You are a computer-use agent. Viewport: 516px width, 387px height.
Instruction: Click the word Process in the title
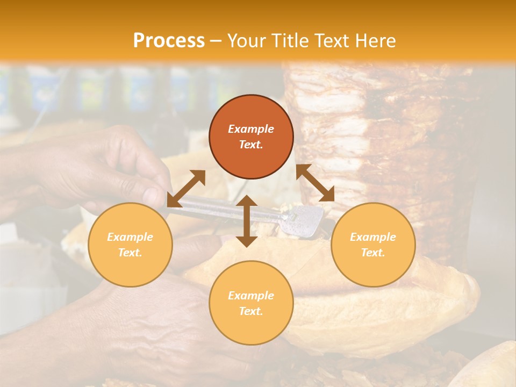coord(169,41)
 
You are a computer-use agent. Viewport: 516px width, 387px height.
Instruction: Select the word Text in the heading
coord(332,41)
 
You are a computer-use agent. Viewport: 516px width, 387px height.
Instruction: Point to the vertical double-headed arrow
coord(247,221)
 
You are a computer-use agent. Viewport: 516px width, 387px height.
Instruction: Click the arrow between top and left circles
coord(186,188)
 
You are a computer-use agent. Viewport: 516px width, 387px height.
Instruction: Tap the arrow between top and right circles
coord(315,183)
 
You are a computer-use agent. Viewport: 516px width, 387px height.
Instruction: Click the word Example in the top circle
coord(251,129)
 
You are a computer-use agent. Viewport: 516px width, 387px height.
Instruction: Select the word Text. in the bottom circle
coord(251,311)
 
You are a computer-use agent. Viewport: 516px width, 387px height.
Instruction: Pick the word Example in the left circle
coord(130,237)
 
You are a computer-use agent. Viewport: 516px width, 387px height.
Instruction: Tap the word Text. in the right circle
coord(373,253)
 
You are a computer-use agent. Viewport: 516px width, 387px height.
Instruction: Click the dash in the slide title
coord(215,41)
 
